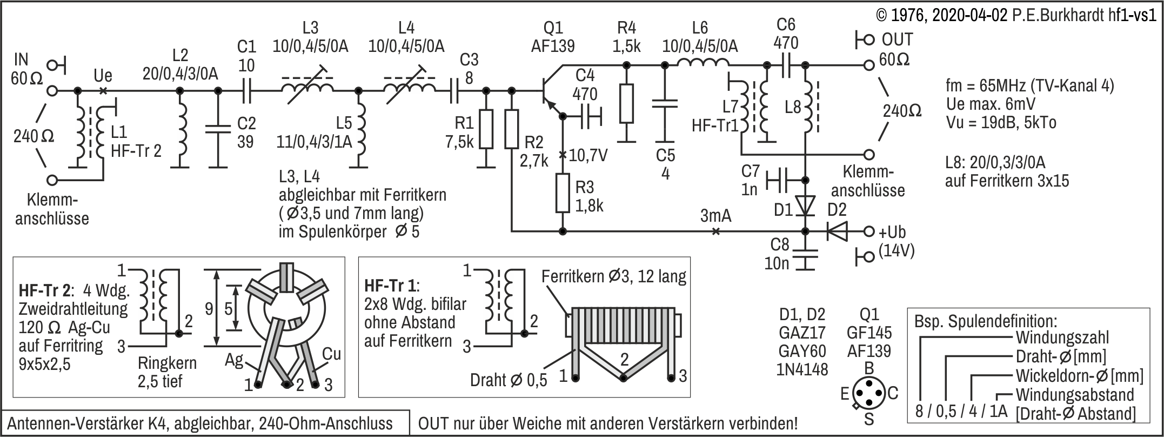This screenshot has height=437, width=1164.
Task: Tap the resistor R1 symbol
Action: point(486,129)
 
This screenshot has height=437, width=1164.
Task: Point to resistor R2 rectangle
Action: point(511,129)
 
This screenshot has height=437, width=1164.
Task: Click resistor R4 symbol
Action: point(626,103)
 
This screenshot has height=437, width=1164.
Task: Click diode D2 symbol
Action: point(837,231)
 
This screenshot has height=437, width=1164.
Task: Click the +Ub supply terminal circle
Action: point(868,231)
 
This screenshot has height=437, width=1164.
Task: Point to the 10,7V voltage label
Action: point(588,156)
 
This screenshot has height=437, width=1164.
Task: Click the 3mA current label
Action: point(715,216)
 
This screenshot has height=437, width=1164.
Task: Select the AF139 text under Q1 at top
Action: point(553,47)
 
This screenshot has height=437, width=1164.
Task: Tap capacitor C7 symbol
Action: point(778,180)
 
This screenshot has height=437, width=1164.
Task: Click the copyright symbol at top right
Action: point(882,15)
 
